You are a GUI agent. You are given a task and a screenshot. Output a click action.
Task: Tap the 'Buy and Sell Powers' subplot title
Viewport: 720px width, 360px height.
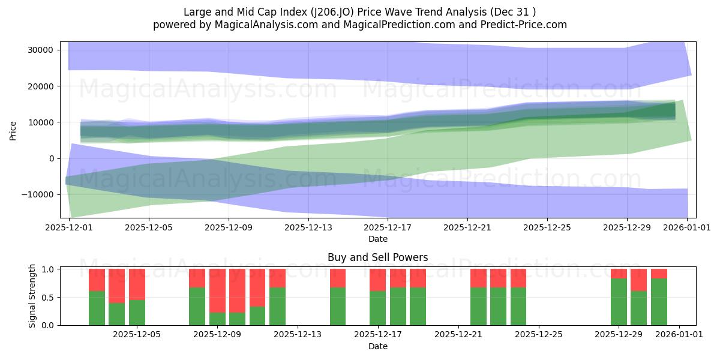[377, 257]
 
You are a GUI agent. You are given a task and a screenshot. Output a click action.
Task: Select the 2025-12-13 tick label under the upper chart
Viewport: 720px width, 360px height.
[308, 228]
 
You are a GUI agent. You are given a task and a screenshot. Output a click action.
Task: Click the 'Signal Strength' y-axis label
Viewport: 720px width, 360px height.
[32, 296]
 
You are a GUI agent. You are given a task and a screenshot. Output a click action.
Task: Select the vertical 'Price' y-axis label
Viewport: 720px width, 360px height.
[13, 130]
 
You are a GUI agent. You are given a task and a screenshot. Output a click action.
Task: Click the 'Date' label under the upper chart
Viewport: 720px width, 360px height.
[377, 239]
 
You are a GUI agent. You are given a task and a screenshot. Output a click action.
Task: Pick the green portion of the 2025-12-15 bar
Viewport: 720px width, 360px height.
[338, 306]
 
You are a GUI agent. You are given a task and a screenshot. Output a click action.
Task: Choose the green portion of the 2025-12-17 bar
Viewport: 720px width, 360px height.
[377, 308]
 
